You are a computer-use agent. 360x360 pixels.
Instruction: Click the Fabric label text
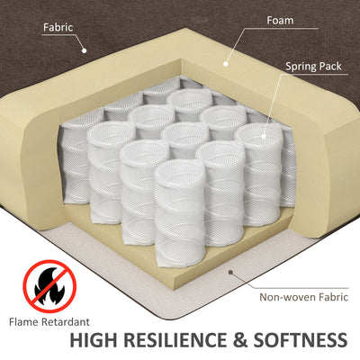(58, 27)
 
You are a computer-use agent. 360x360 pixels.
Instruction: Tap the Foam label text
(280, 21)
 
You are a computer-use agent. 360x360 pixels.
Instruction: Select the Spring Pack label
(313, 67)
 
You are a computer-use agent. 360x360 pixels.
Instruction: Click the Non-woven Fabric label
(303, 297)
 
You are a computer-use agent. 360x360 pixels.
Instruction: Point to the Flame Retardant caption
(49, 322)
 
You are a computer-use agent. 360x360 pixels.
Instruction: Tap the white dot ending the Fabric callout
(85, 50)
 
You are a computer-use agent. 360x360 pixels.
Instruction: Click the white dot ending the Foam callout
(226, 64)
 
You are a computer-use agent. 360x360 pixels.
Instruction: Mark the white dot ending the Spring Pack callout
(264, 136)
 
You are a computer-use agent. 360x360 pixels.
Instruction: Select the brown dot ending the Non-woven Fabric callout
(230, 272)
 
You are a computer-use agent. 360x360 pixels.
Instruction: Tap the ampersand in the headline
(239, 340)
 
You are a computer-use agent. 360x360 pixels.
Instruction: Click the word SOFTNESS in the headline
(301, 340)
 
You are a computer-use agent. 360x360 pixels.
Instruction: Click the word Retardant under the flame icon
(66, 322)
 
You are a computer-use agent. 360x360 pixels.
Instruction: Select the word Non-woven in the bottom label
(283, 297)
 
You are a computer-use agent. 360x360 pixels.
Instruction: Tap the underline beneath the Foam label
(280, 29)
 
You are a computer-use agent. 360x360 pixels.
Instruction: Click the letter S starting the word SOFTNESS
(260, 340)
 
